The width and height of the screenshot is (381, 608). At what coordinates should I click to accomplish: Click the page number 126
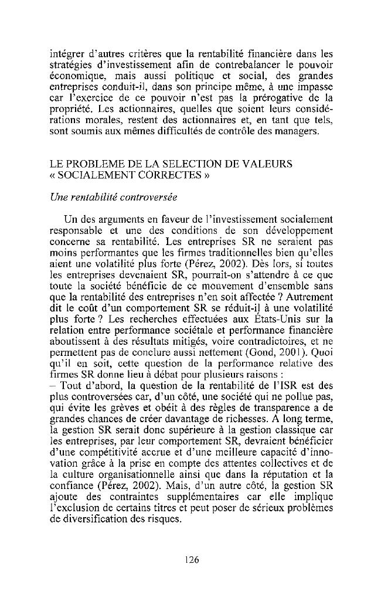coord(191,559)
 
